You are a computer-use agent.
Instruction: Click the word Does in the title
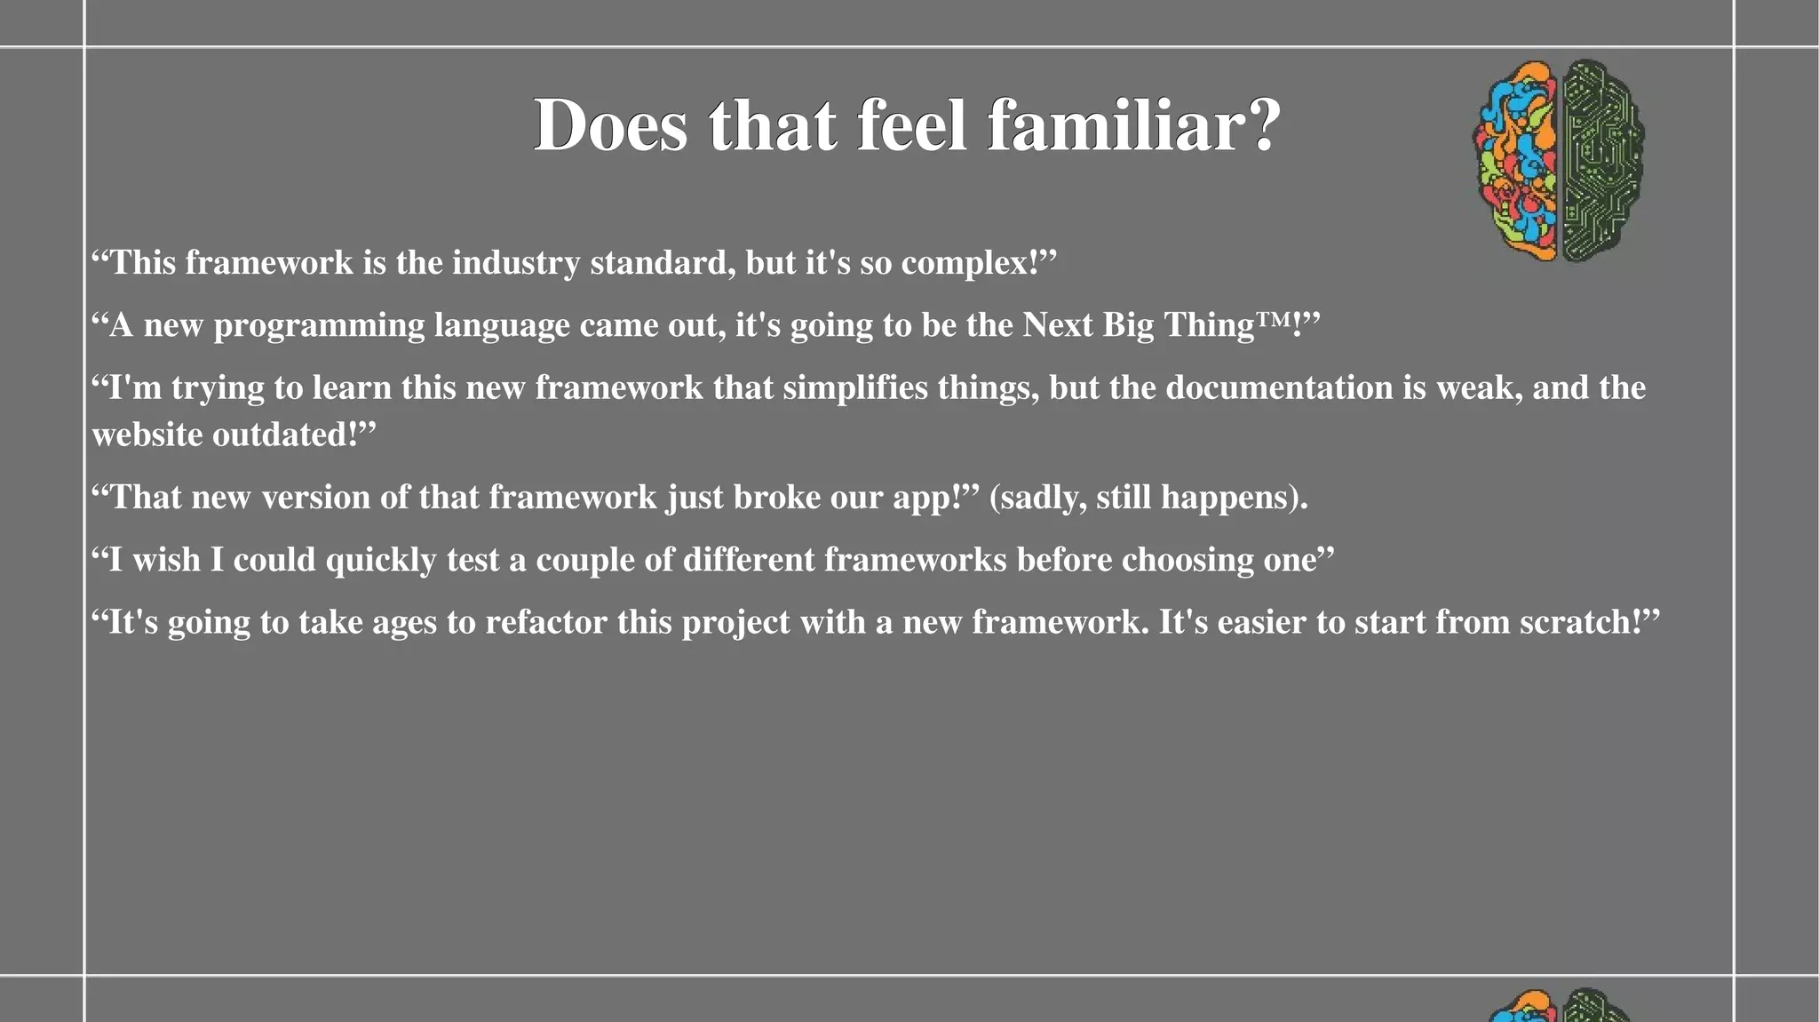coord(610,125)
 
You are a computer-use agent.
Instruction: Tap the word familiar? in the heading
coord(1134,125)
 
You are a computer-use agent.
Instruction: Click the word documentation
coord(1279,388)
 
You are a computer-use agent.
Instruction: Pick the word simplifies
coord(854,388)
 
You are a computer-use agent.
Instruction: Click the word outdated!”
coord(294,435)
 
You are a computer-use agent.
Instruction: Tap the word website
coord(147,435)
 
